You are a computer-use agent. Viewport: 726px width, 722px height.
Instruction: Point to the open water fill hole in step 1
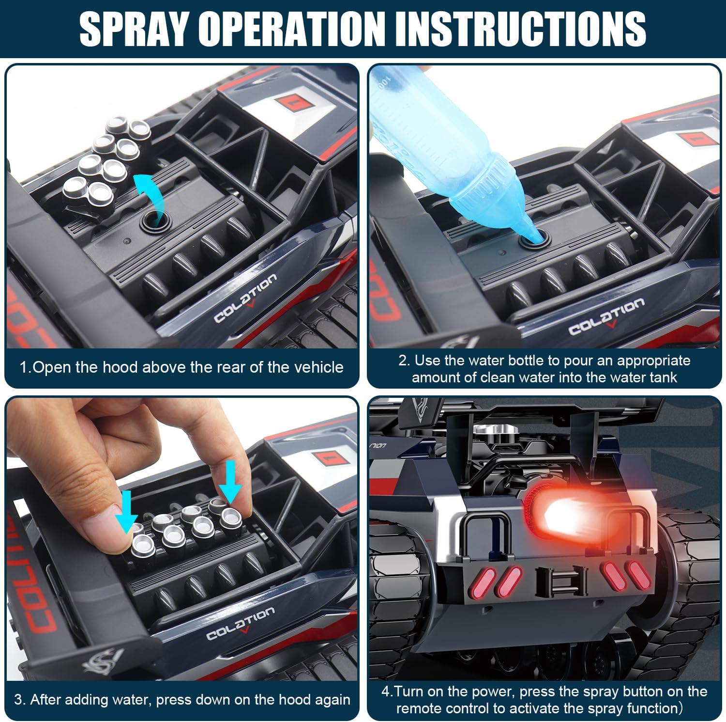click(x=154, y=222)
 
